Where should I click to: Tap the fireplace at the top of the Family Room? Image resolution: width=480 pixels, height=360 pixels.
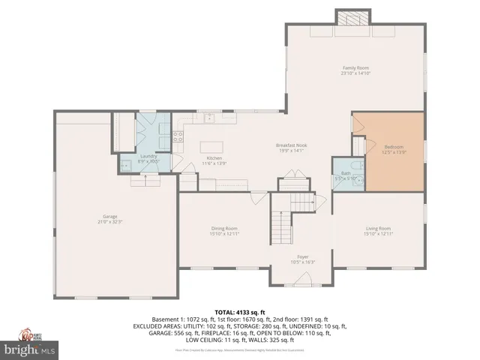coord(352,19)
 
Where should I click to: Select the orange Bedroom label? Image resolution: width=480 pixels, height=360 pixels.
coord(394,146)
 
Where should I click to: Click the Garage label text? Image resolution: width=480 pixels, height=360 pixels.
coord(111,218)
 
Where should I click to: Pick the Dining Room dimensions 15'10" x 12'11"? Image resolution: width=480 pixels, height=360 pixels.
coord(224,234)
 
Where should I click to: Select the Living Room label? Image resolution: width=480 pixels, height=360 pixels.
coord(378,228)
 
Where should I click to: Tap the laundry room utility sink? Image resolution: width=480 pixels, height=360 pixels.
coord(124,163)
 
